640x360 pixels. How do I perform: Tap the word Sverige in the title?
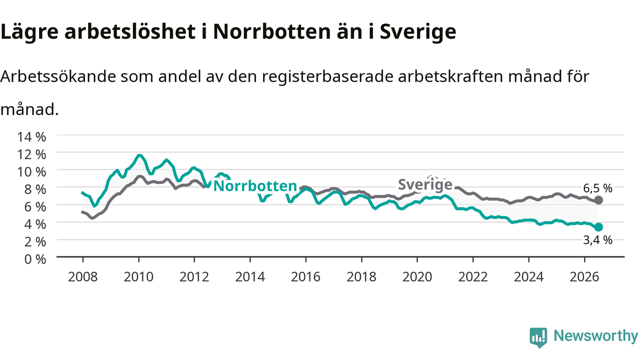tap(417, 31)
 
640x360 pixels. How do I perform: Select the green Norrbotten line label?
tap(255, 186)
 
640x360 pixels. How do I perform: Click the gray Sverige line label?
tap(425, 184)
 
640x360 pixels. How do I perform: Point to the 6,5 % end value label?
tap(597, 188)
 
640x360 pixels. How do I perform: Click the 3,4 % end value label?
tap(597, 240)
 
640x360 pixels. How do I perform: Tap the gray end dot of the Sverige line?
tap(598, 200)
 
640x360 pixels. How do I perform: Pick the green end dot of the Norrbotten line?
tap(598, 227)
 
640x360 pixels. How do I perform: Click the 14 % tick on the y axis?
tap(31, 137)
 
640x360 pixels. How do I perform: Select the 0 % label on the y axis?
tap(35, 259)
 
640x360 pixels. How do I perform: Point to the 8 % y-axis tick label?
tap(35, 189)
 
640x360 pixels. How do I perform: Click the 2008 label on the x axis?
tap(83, 277)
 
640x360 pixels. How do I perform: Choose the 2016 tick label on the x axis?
tap(305, 277)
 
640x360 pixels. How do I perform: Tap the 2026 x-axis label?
tap(584, 277)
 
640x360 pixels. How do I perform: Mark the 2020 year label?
tap(417, 277)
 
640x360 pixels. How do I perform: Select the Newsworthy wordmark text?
tap(595, 336)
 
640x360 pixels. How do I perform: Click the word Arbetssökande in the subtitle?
tap(58, 76)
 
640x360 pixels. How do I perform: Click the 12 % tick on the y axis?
tap(31, 154)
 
